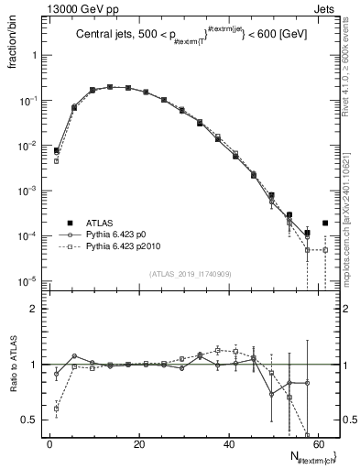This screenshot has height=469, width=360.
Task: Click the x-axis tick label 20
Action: point(138,446)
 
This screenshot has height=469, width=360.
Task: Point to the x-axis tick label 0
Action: point(49,446)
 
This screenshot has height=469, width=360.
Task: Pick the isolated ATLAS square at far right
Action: point(325,223)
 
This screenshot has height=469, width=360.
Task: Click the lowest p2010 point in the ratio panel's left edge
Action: point(57,409)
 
